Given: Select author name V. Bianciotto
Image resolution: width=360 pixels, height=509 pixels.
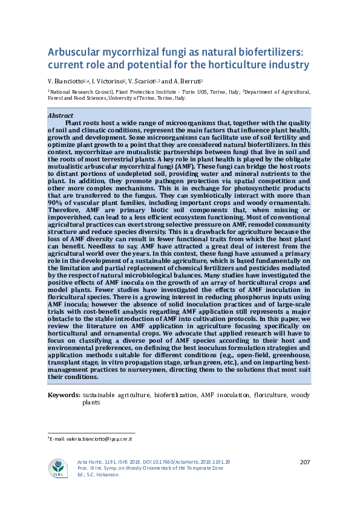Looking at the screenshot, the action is click(67, 81).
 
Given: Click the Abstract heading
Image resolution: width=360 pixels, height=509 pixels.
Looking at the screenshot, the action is click(61, 115).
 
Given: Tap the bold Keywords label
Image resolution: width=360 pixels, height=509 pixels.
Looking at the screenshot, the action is click(64, 395).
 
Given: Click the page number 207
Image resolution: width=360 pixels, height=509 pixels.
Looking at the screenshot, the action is click(304, 462).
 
